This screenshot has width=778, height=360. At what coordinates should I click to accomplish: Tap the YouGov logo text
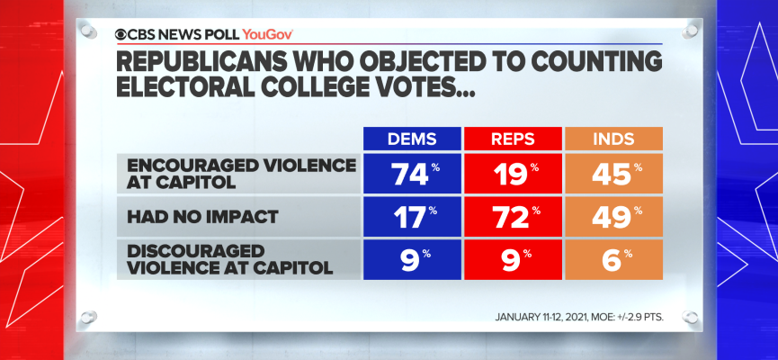pyautogui.click(x=268, y=33)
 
